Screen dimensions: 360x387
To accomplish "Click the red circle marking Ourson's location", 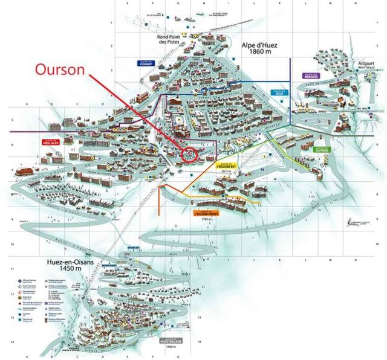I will [x=190, y=154].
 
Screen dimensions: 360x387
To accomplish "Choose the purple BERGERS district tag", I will [x=310, y=76].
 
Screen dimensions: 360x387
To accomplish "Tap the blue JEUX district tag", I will [x=279, y=93].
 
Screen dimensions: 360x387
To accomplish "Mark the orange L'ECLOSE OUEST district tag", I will [x=206, y=213].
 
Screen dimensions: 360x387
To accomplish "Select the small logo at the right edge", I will [x=359, y=223].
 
